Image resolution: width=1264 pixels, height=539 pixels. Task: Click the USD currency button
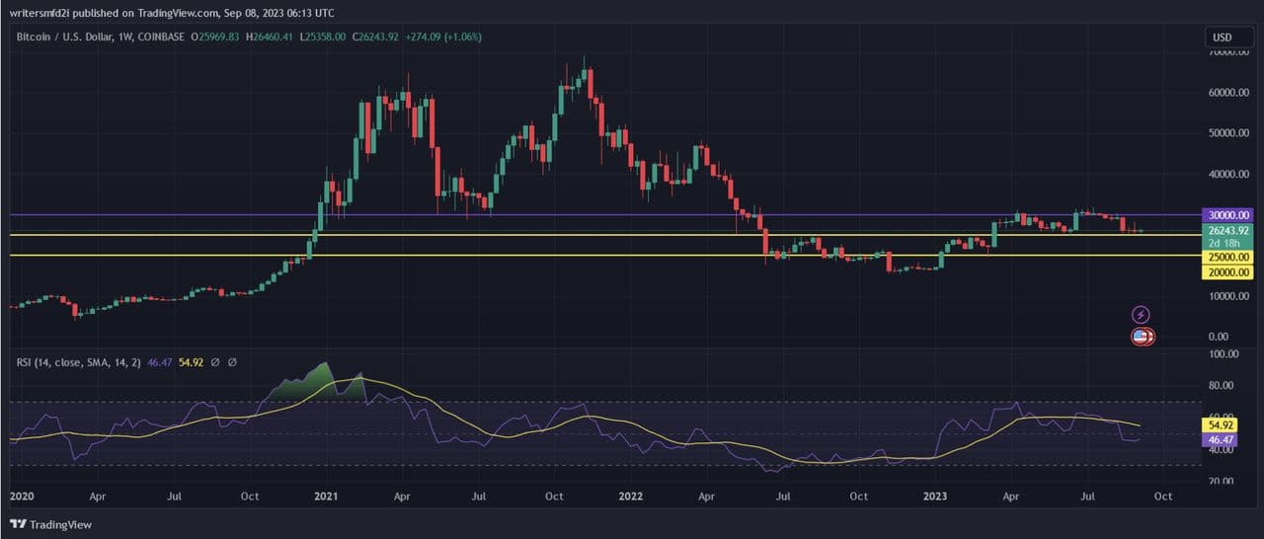click(1222, 38)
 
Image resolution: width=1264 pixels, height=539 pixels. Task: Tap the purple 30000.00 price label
click(1227, 214)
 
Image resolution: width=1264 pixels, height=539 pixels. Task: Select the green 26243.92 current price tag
click(1227, 229)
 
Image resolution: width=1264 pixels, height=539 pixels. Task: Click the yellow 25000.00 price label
click(1227, 257)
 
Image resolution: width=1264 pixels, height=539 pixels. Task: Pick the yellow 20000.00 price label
click(1227, 271)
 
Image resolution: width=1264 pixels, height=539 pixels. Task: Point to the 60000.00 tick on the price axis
click(1227, 93)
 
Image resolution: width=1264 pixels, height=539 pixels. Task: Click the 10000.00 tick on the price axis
click(1227, 296)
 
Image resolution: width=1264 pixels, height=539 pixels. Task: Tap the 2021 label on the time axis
click(326, 496)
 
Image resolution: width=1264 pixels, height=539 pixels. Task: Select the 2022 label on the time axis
click(631, 496)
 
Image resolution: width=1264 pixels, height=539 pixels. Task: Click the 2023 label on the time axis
click(934, 496)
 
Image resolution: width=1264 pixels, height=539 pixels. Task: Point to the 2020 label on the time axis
click(21, 496)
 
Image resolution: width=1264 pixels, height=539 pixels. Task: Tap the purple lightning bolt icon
click(1142, 315)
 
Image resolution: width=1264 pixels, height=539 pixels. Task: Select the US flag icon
click(1142, 337)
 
